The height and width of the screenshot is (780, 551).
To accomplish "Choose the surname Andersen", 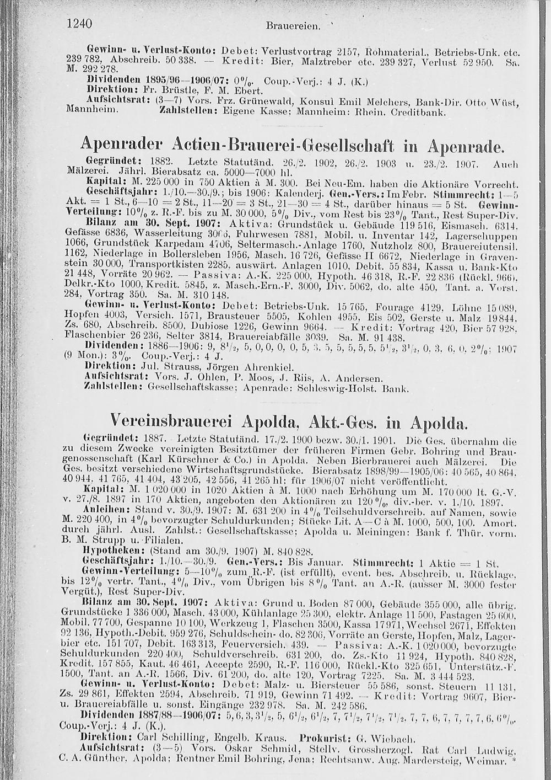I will tap(355, 379).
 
